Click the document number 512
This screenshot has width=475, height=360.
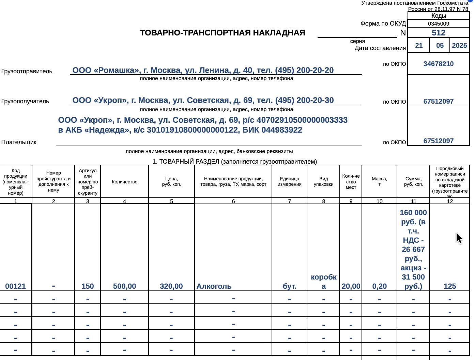438,33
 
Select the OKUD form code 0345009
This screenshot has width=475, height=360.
438,24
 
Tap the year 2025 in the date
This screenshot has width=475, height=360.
459,45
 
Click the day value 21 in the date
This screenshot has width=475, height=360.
419,45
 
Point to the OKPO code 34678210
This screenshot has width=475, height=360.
438,64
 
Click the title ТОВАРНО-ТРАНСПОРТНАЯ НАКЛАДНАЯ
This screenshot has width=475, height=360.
223,33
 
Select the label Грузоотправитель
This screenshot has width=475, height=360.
27,71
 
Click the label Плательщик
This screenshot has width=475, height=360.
19,142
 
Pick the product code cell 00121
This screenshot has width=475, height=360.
16,286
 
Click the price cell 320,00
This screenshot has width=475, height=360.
171,286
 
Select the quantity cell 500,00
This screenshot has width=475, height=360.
124,286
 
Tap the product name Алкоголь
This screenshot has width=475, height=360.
214,286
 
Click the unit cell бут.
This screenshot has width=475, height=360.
289,286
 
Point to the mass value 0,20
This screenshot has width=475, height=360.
379,286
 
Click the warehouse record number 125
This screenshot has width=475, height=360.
449,286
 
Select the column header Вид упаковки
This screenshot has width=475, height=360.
323,181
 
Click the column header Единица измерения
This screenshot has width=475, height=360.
289,181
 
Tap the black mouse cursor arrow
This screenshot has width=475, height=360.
459,238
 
